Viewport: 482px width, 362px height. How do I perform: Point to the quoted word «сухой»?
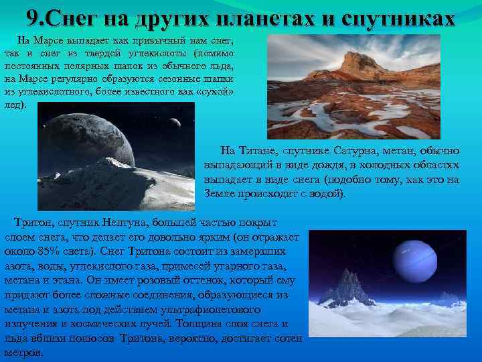218,91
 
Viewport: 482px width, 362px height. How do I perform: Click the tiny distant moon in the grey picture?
175,123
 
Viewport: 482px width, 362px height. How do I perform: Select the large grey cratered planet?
100,141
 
